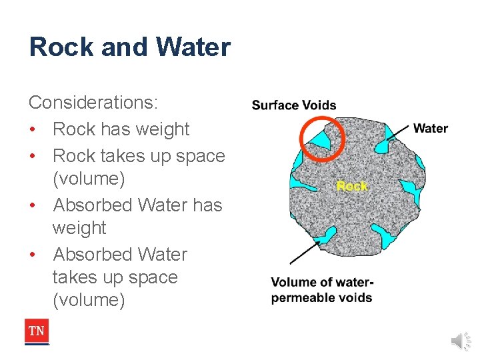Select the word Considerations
point(93,103)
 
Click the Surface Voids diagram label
point(294,105)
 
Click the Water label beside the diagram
point(431,128)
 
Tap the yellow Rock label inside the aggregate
point(351,186)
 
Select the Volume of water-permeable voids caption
point(322,289)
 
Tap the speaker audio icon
point(460,341)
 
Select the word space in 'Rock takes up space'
point(198,156)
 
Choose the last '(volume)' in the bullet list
point(89,300)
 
